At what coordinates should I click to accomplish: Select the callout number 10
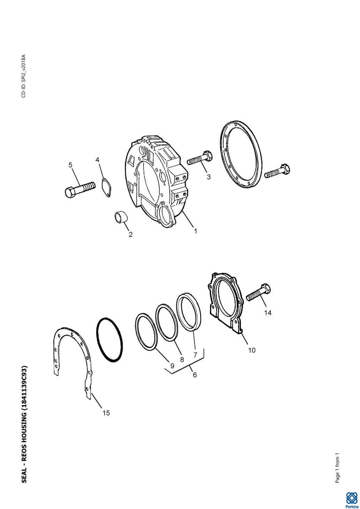[x=252, y=350]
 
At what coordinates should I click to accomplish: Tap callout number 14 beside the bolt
[x=268, y=313]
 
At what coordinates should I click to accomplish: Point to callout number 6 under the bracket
[x=194, y=375]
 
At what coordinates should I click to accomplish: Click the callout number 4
[x=97, y=160]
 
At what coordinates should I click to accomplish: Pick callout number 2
[x=130, y=234]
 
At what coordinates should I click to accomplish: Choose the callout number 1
[x=195, y=231]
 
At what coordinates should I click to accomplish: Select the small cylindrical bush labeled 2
[x=121, y=217]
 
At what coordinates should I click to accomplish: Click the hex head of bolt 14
[x=266, y=289]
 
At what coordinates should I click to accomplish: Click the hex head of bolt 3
[x=208, y=156]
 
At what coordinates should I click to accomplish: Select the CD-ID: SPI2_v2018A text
[x=24, y=76]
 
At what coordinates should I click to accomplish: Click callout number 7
[x=195, y=355]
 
